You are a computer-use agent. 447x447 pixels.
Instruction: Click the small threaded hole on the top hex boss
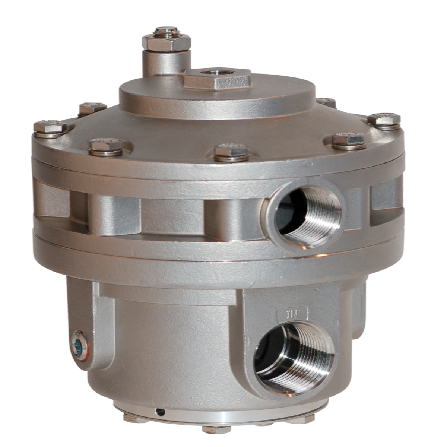(211, 72)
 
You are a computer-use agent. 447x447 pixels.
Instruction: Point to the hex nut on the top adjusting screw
(166, 42)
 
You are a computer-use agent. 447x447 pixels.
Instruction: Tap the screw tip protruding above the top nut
(167, 30)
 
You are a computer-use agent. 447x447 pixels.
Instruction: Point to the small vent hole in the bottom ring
(161, 412)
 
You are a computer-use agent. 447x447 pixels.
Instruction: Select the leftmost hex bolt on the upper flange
(50, 129)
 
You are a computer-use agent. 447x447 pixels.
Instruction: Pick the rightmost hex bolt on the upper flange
(384, 121)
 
